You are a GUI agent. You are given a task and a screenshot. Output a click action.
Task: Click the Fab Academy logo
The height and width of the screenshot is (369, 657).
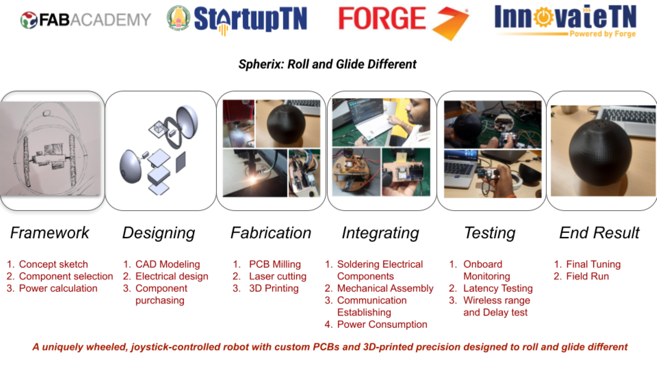click(x=86, y=20)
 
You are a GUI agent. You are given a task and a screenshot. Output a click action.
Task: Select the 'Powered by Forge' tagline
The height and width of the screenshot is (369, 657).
click(x=603, y=34)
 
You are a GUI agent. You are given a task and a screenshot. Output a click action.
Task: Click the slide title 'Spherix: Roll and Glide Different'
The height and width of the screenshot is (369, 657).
click(x=327, y=64)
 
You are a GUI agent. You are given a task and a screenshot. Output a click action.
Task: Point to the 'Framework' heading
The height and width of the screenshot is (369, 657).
click(x=50, y=233)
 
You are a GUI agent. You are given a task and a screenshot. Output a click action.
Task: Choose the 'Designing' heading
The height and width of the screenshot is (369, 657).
click(x=159, y=233)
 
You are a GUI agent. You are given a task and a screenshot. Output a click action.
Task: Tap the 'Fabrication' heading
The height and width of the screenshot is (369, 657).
click(x=271, y=233)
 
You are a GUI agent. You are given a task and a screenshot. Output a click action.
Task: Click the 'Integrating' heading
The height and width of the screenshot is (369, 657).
click(x=380, y=233)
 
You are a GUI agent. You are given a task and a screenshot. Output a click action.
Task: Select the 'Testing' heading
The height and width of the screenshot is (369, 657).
click(x=490, y=233)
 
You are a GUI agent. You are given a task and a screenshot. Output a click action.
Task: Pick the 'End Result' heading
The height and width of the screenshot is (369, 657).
click(x=600, y=233)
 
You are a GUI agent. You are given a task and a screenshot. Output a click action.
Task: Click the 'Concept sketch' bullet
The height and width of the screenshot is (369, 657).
click(x=53, y=264)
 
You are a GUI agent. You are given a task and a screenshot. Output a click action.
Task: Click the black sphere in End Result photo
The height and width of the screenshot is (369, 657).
click(x=601, y=153)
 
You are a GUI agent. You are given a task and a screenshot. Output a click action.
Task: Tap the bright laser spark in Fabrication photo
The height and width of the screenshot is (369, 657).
click(x=253, y=179)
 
